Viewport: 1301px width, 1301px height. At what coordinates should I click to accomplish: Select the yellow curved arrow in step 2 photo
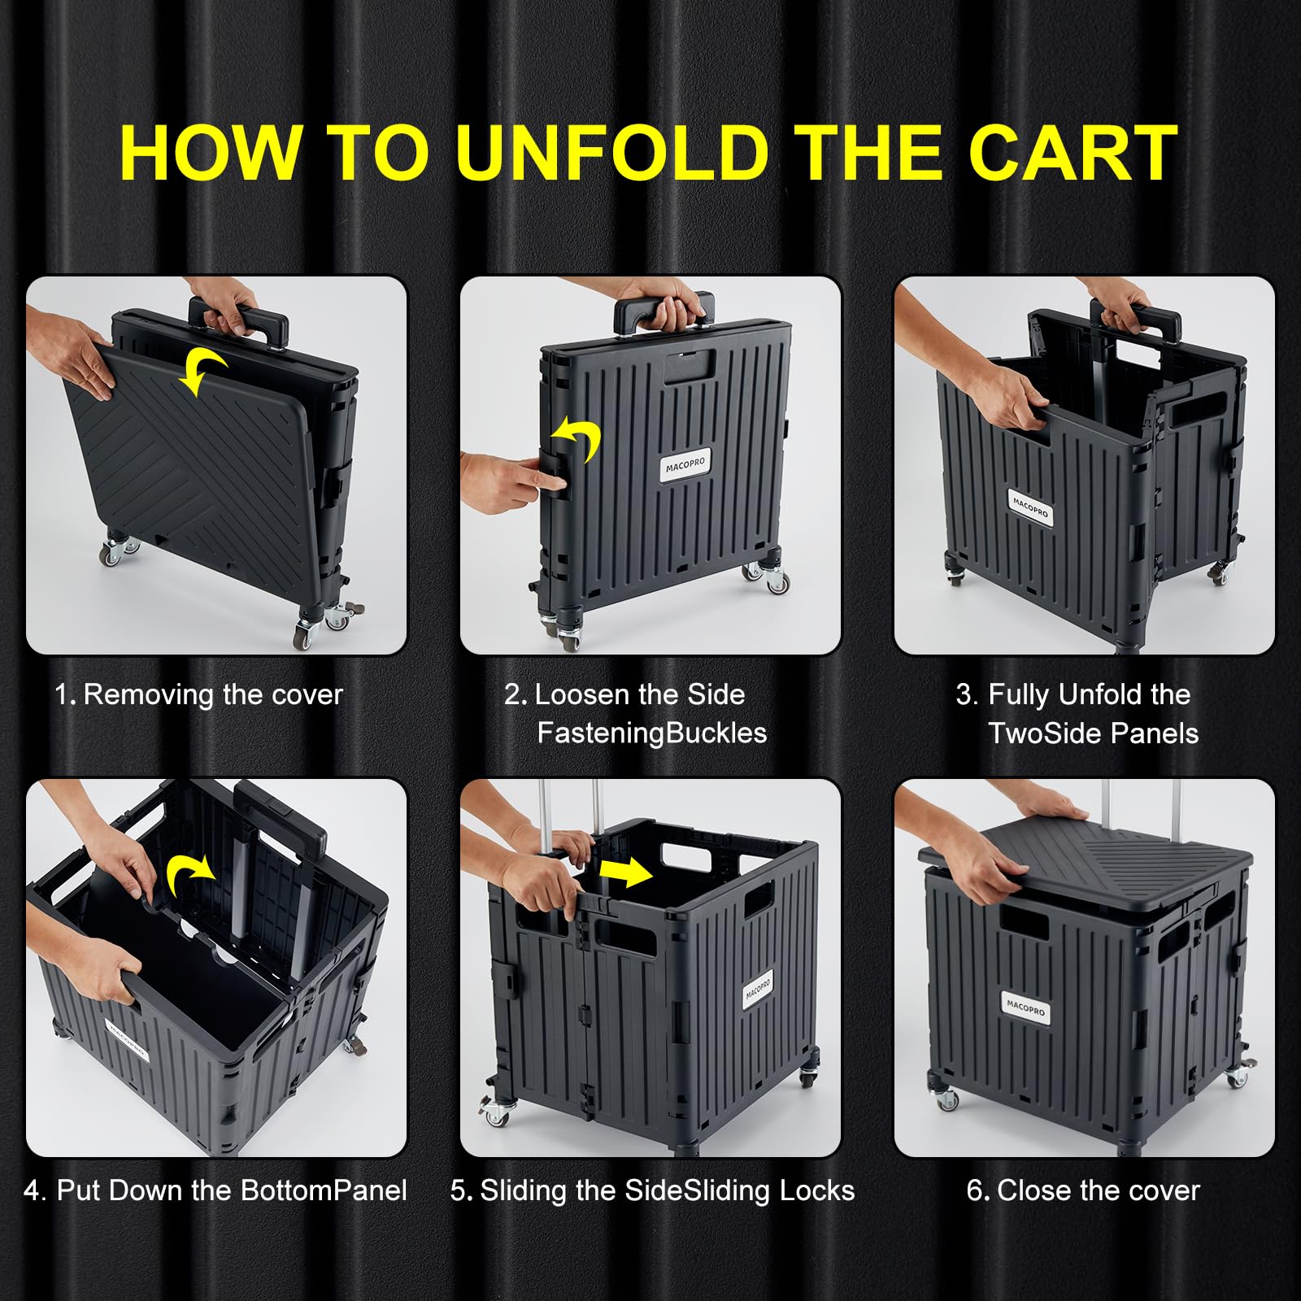(x=579, y=440)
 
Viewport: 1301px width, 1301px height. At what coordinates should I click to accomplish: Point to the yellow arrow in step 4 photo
(x=189, y=877)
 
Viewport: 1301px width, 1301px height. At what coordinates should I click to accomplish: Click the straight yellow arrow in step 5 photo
(x=624, y=873)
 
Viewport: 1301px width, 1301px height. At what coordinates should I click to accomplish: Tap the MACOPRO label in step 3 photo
(x=1030, y=508)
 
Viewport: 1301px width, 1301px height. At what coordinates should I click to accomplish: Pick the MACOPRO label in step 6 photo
(x=1025, y=1008)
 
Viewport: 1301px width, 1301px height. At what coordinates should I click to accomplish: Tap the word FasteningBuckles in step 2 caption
(x=651, y=733)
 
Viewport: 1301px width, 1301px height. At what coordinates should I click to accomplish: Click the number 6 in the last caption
(x=974, y=1191)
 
